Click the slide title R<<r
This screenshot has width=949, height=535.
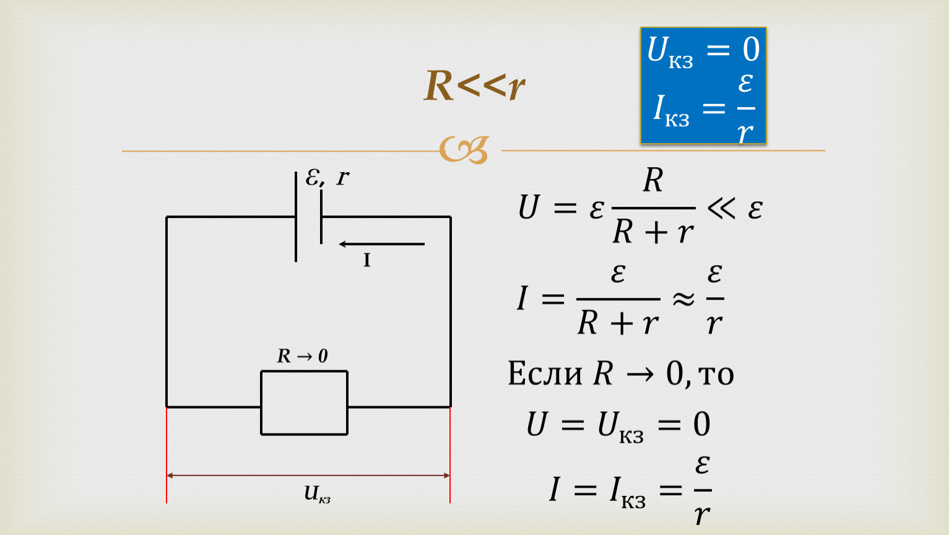tap(474, 86)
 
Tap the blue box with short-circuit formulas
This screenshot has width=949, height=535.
tap(703, 85)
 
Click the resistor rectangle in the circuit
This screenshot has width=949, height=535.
tap(304, 372)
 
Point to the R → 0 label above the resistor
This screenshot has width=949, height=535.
tap(303, 356)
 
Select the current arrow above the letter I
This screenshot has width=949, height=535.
tap(381, 244)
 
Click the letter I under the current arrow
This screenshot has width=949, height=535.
tap(367, 260)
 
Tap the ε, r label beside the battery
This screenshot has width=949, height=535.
tap(327, 177)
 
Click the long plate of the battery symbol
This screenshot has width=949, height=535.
tap(296, 217)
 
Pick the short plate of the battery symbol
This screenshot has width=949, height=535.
tap(321, 217)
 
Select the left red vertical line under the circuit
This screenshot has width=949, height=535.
tap(167, 455)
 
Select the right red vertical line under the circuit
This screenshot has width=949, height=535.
tap(450, 455)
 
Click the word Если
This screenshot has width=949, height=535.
tap(545, 373)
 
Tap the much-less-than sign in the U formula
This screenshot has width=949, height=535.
tap(721, 208)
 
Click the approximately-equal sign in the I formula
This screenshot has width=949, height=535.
tap(683, 299)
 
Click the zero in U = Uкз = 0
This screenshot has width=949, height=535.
tap(701, 424)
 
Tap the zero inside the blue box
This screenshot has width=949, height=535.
tap(751, 50)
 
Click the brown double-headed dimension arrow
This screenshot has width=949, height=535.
tap(308, 476)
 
